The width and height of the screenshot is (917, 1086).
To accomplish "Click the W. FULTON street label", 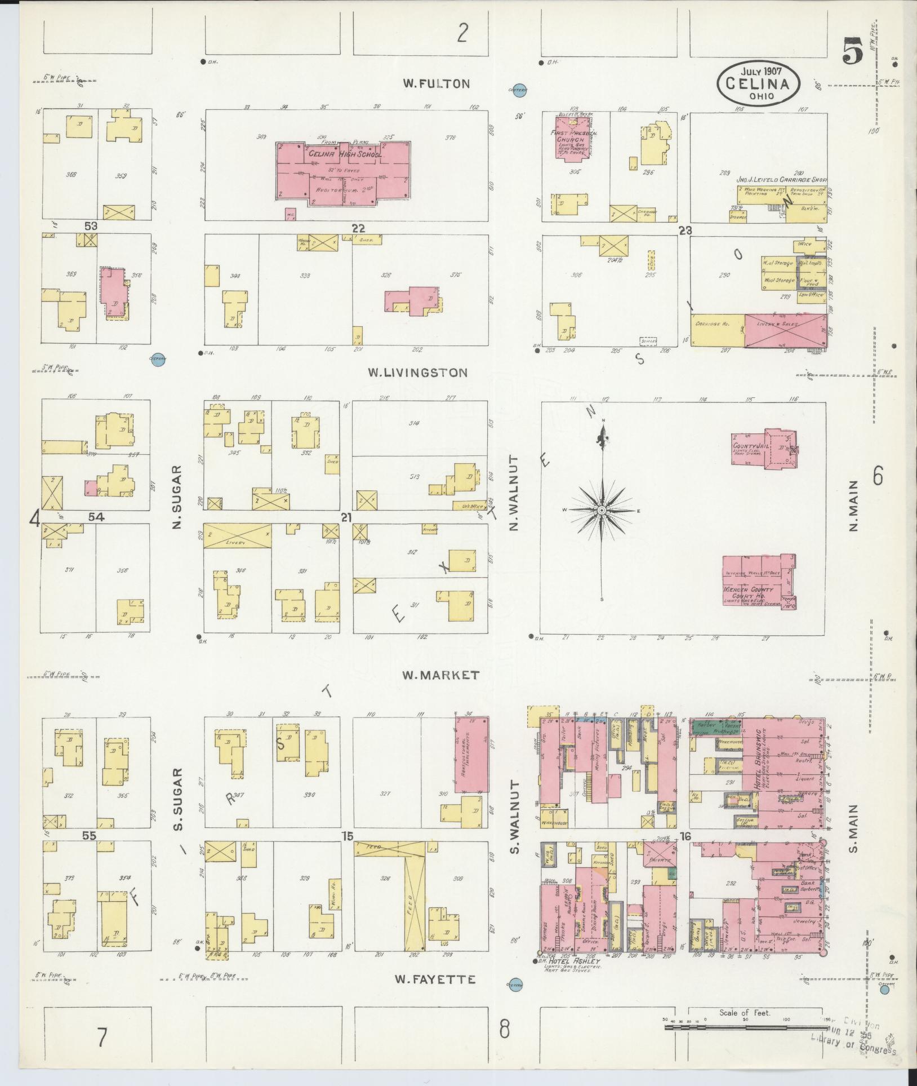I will (x=436, y=84).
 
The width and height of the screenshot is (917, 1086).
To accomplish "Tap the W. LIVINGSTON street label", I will (x=417, y=373).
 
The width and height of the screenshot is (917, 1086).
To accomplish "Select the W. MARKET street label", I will (x=440, y=675).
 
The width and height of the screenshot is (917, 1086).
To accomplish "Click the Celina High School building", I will (x=344, y=169).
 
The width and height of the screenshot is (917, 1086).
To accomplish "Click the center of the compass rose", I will (x=602, y=510).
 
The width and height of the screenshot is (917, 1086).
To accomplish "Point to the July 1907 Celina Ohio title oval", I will (x=758, y=83).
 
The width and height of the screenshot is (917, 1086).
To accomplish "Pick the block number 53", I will (x=91, y=226).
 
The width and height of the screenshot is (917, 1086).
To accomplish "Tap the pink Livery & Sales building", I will (x=786, y=331).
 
